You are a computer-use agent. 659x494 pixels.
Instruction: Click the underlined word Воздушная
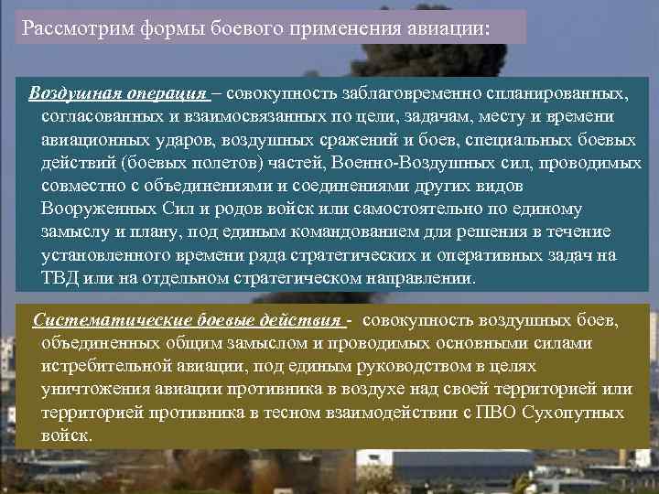pos(73,94)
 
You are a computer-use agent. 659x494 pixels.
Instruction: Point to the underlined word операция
pos(164,94)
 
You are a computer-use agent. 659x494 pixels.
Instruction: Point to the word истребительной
pos(100,366)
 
